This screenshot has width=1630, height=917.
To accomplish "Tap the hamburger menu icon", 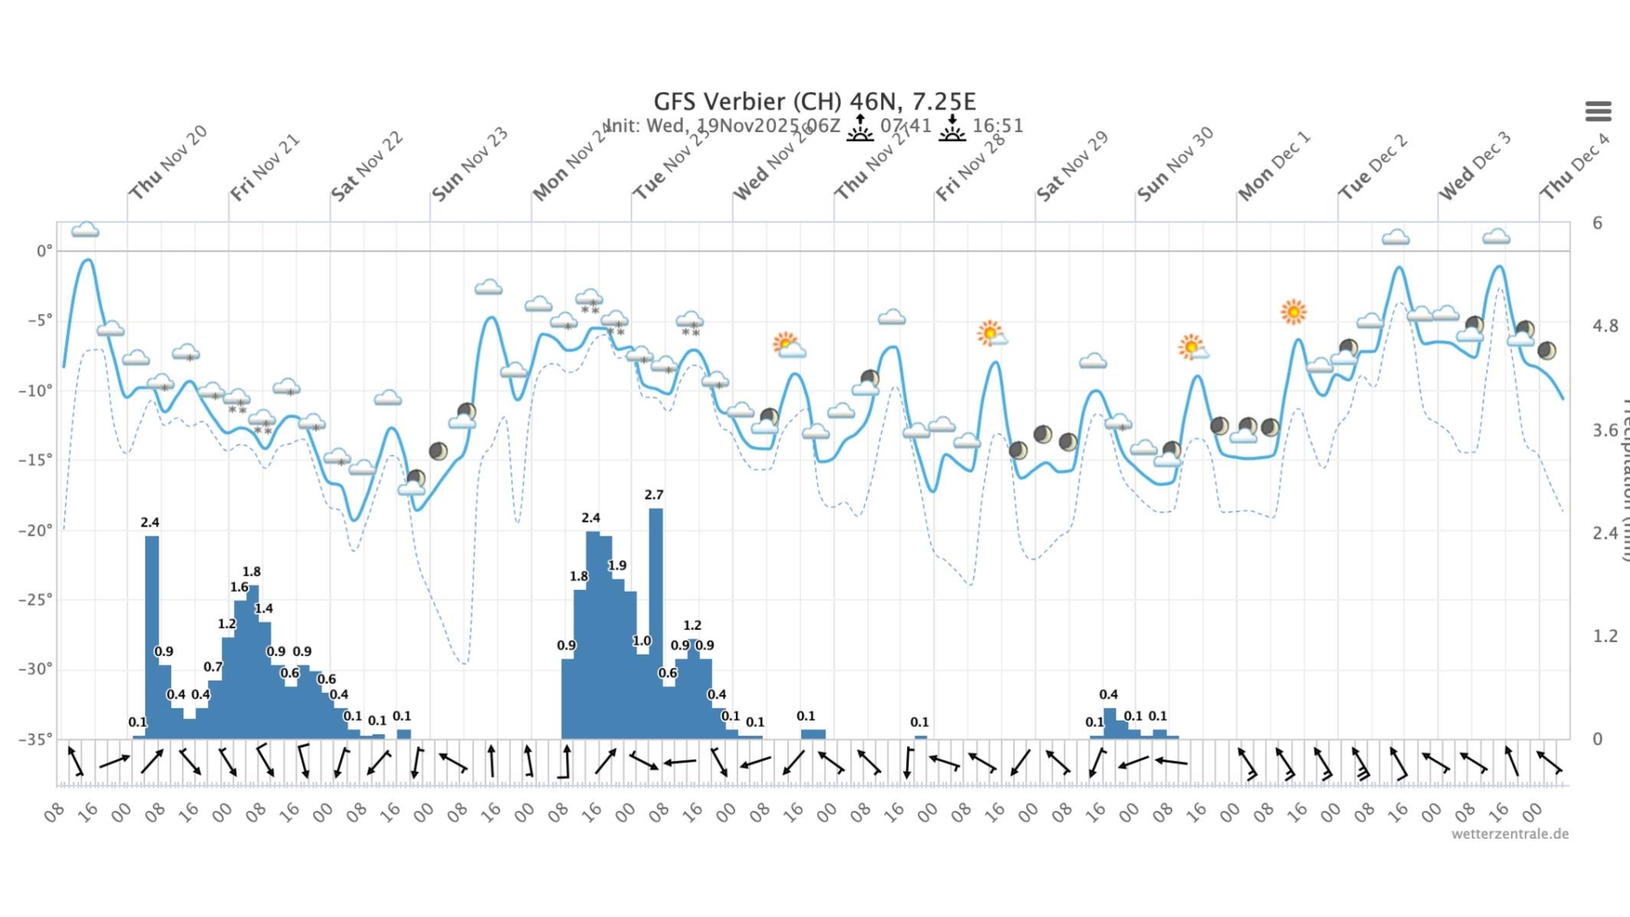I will (x=1598, y=111).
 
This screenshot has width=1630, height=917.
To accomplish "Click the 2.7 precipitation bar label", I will (x=654, y=495).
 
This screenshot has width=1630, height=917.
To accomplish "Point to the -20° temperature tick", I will (x=36, y=531).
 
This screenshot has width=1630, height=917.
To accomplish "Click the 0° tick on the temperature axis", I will (x=43, y=251).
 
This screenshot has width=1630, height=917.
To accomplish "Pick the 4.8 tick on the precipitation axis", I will (x=1606, y=326).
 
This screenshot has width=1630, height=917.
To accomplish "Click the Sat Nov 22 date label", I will (x=367, y=166).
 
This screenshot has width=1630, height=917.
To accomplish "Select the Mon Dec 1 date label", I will (x=1274, y=166).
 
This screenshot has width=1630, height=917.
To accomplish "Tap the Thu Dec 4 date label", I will (x=1575, y=166).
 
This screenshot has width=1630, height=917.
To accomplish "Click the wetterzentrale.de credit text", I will (x=1509, y=834).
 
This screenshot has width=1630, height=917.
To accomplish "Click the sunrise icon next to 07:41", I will (x=860, y=128).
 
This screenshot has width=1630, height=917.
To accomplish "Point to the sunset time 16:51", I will (x=998, y=126).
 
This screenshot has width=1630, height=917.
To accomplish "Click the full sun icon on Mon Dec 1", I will (x=1293, y=311).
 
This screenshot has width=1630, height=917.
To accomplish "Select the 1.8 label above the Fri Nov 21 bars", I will (x=252, y=572).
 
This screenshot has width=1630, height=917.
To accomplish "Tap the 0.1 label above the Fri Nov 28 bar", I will (x=919, y=722).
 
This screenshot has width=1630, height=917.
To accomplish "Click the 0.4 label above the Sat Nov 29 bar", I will (x=1108, y=694).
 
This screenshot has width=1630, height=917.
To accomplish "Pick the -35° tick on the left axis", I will (x=36, y=739).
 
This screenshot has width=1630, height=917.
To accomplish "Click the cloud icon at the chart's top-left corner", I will (x=86, y=230).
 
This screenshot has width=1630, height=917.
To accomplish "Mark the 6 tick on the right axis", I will (x=1597, y=223).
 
